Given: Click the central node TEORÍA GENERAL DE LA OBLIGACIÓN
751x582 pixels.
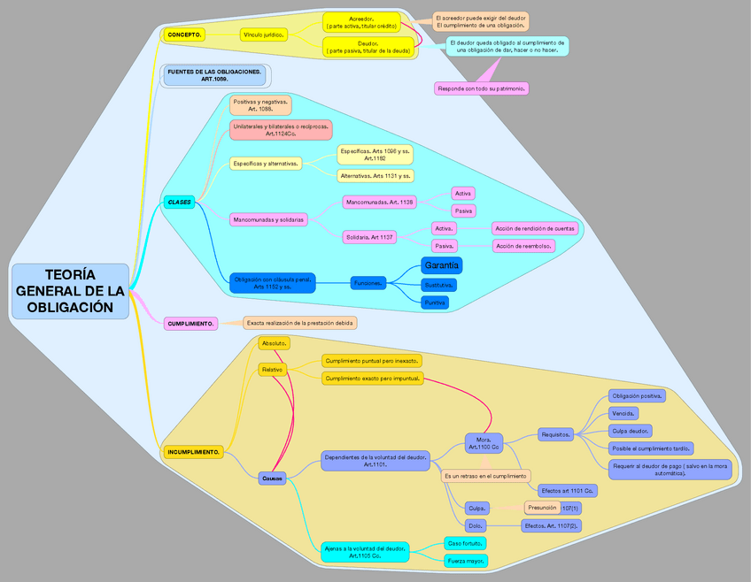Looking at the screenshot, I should tap(70, 291).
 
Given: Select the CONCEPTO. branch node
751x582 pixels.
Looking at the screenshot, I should tap(185, 34).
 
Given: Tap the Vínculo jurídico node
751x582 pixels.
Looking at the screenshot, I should tap(263, 34).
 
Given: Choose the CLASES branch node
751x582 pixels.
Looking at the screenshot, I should tap(180, 203).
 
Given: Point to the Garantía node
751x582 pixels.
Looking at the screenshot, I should tap(440, 265).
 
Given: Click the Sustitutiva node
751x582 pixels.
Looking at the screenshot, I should tap(438, 285).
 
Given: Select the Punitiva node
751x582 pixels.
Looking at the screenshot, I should tap(434, 302).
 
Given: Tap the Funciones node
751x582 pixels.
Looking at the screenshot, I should tap(368, 283).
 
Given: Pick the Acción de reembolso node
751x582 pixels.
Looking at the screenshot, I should tap(523, 246).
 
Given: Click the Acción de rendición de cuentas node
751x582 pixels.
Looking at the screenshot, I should tap(535, 228).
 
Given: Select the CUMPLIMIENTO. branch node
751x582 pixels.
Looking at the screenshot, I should tap(191, 324).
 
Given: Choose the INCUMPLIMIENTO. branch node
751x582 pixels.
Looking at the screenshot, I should tap(193, 452).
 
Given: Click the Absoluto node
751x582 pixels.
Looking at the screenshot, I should tap(273, 343).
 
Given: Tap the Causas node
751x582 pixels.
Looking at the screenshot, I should tap(273, 478).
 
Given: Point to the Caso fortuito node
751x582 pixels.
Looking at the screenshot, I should tap(466, 542).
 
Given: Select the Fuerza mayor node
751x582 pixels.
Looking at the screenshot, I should tap(466, 560).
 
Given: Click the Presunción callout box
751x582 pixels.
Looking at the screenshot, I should tap(542, 508).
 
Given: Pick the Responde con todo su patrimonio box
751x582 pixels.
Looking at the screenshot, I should tap(482, 88).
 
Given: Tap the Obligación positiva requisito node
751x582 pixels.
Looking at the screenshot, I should tap(638, 395).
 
